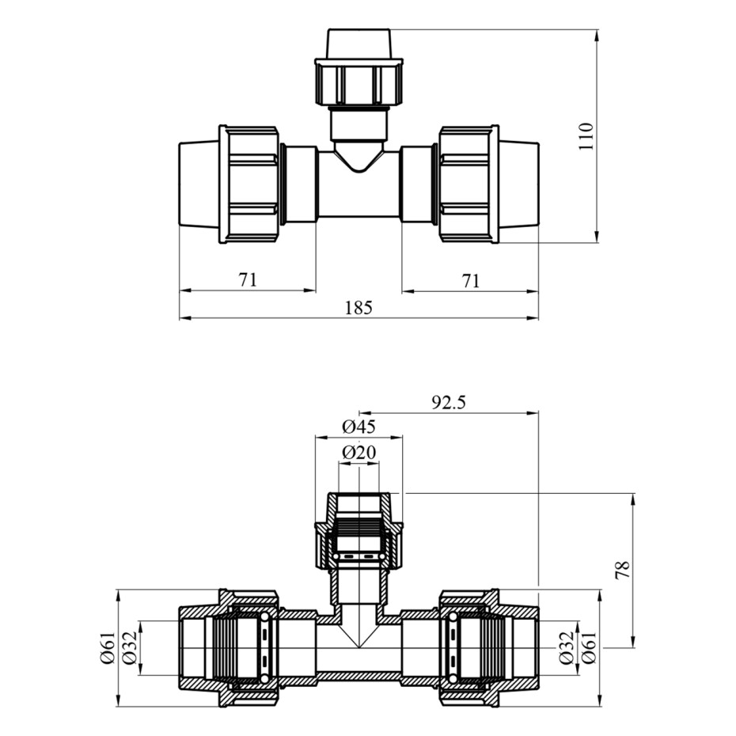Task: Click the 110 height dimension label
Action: click(x=586, y=138)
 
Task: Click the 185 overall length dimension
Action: click(x=359, y=307)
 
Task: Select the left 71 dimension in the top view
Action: click(x=248, y=280)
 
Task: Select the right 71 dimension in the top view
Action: click(x=471, y=280)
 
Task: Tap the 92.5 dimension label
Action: click(x=449, y=402)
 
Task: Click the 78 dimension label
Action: click(x=624, y=570)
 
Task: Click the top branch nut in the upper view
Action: click(x=358, y=82)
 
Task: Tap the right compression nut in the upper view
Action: click(x=469, y=184)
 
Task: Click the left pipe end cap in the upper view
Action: click(x=198, y=184)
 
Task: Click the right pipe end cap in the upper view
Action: click(x=519, y=184)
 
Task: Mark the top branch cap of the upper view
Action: click(x=359, y=43)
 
